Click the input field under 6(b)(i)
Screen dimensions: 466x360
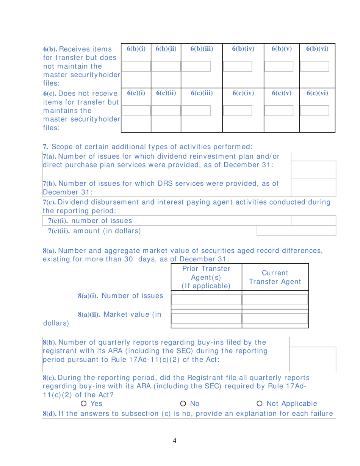[x=136, y=67]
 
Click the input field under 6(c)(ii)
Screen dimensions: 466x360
[x=166, y=111]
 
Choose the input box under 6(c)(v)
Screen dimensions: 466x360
[x=279, y=111]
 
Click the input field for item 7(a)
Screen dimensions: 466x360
[x=313, y=169]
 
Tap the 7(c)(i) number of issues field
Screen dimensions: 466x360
[x=313, y=220]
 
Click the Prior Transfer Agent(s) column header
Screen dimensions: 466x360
[x=206, y=277]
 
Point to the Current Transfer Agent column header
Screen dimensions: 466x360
[x=275, y=277]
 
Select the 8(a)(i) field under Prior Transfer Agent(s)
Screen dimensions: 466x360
[x=206, y=300]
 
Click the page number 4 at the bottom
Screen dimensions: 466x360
[x=175, y=440]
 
